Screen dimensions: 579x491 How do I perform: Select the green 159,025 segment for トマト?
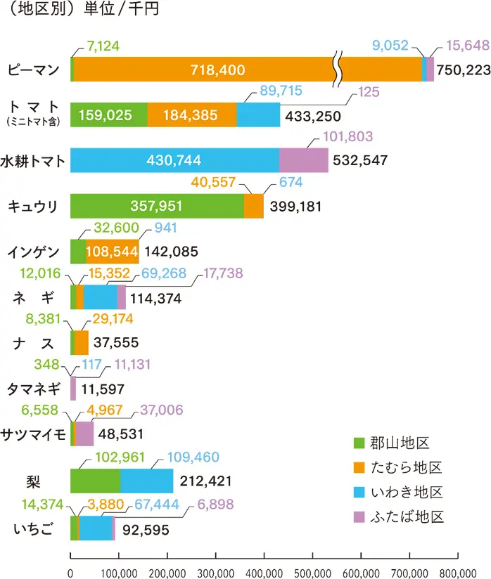pyautogui.click(x=108, y=115)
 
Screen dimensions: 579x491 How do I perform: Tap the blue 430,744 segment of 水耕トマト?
pyautogui.click(x=175, y=160)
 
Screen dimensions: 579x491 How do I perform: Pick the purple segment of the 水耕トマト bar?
pyautogui.click(x=304, y=160)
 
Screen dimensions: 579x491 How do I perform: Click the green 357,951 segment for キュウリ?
pyautogui.click(x=157, y=206)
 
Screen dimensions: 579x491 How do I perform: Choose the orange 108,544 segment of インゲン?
pyautogui.click(x=113, y=251)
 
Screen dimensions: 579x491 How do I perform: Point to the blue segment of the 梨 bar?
pyautogui.click(x=147, y=481)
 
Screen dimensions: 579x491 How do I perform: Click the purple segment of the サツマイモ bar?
pyautogui.click(x=85, y=434)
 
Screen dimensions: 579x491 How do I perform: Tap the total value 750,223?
pyautogui.click(x=461, y=70)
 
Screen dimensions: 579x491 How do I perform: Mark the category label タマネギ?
pyautogui.click(x=33, y=389)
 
